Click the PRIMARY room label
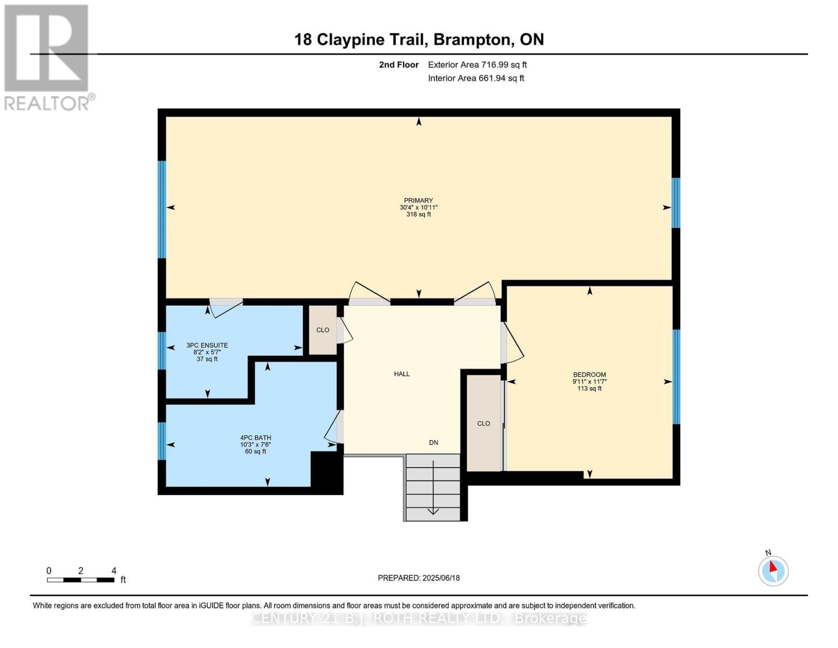click(x=418, y=200)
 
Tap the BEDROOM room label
click(x=589, y=374)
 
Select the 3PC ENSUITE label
click(x=207, y=345)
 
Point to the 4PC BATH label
click(x=256, y=437)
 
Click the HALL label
click(x=401, y=374)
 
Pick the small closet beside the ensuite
click(x=323, y=330)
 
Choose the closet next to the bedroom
click(x=483, y=423)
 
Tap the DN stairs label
click(x=433, y=442)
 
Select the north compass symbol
click(x=773, y=570)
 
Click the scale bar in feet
click(x=80, y=580)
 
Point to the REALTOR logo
click(x=47, y=57)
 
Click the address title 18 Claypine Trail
click(x=419, y=39)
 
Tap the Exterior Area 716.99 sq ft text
click(x=477, y=65)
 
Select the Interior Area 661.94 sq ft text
click(x=476, y=78)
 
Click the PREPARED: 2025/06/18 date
click(x=419, y=578)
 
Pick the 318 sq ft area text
click(x=418, y=214)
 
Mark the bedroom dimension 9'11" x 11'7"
click(x=589, y=381)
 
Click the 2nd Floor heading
click(x=399, y=65)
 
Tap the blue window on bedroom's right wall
click(x=676, y=376)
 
